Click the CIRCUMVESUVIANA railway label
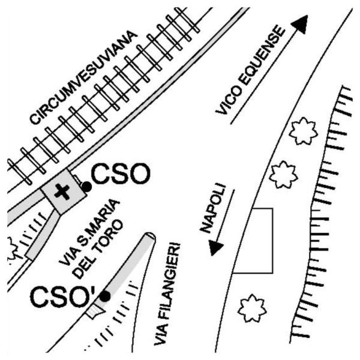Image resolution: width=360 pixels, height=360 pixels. tap(83, 77)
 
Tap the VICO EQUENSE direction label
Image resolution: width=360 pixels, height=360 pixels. tap(250, 70)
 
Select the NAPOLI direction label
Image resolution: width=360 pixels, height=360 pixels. tap(213, 208)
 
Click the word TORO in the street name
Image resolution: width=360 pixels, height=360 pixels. tap(108, 236)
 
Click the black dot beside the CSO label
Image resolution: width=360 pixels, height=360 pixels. tap(86, 187)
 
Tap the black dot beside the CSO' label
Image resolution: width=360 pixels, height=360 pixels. tap(105, 296)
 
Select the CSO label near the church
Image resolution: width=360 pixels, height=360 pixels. tap(121, 173)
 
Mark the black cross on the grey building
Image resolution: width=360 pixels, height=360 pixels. tap(62, 191)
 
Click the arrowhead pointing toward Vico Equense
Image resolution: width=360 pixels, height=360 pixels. tap(301, 23)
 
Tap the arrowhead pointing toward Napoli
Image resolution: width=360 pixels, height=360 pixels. tap(215, 248)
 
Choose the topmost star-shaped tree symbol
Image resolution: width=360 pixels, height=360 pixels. tap(303, 131)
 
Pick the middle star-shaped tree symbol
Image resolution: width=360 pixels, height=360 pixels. tap(283, 175)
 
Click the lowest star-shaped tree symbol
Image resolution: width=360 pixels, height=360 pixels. tap(252, 308)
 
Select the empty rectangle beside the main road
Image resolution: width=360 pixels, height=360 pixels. tap(273, 241)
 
